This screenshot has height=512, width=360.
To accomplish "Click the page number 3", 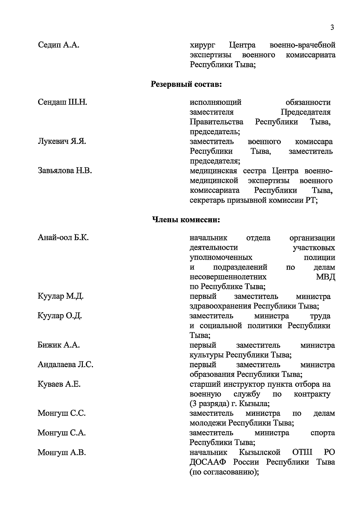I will (x=332, y=28).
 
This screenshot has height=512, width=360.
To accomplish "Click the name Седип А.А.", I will (x=59, y=45).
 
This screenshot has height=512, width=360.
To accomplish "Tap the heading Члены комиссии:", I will (x=186, y=220).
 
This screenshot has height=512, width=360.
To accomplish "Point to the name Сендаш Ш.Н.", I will (x=62, y=102).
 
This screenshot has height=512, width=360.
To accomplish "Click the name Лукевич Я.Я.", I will (x=62, y=141).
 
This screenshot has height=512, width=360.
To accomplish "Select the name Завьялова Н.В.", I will (x=65, y=171).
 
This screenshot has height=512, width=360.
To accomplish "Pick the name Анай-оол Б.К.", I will (x=63, y=238).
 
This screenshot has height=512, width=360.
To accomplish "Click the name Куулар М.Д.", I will (x=61, y=296).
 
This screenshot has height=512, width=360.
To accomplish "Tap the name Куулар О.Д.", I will (x=60, y=316).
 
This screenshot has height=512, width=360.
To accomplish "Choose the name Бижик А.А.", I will (x=58, y=345).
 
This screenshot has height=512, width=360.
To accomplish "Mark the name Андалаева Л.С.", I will (x=65, y=365).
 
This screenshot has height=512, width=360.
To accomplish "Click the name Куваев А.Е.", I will (x=59, y=384).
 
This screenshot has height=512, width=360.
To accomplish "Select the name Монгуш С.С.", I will (x=61, y=413).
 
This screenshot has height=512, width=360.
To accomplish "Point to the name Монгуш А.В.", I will (x=61, y=452).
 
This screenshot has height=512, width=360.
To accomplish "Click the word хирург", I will (x=202, y=45).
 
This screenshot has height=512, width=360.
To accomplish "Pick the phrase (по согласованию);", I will (x=224, y=472).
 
